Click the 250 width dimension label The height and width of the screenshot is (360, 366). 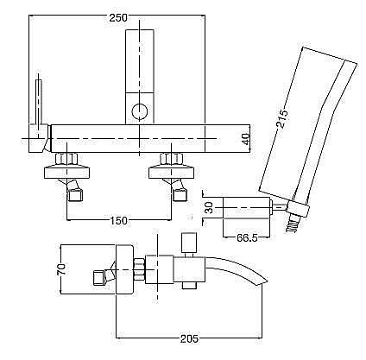118,17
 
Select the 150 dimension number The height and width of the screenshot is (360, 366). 119,221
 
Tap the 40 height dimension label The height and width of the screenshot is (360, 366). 245,139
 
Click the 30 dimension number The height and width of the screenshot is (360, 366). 210,207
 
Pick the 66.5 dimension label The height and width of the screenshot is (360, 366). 247,238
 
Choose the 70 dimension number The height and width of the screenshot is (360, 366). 61,269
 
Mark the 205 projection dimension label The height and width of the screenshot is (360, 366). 189,338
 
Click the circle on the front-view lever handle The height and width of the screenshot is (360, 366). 140,111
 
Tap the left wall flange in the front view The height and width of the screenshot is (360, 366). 66,174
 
